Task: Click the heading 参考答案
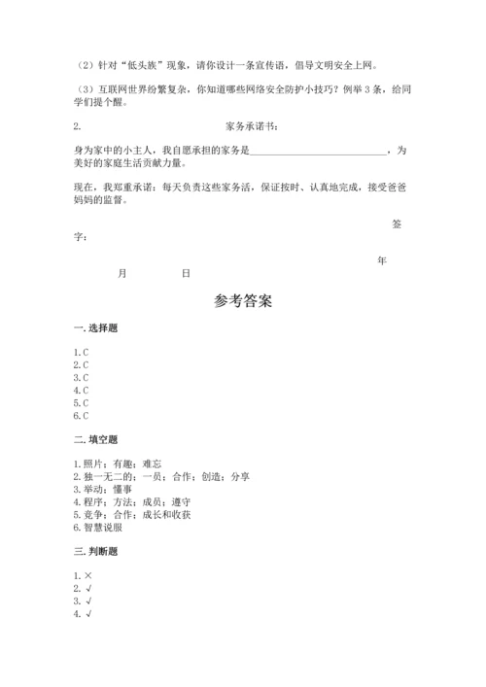(243, 301)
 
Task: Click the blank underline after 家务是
(319, 151)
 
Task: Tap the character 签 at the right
(396, 223)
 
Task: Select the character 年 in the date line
(382, 260)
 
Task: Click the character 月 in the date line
(121, 274)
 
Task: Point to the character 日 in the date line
(186, 274)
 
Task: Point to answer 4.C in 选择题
(81, 390)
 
